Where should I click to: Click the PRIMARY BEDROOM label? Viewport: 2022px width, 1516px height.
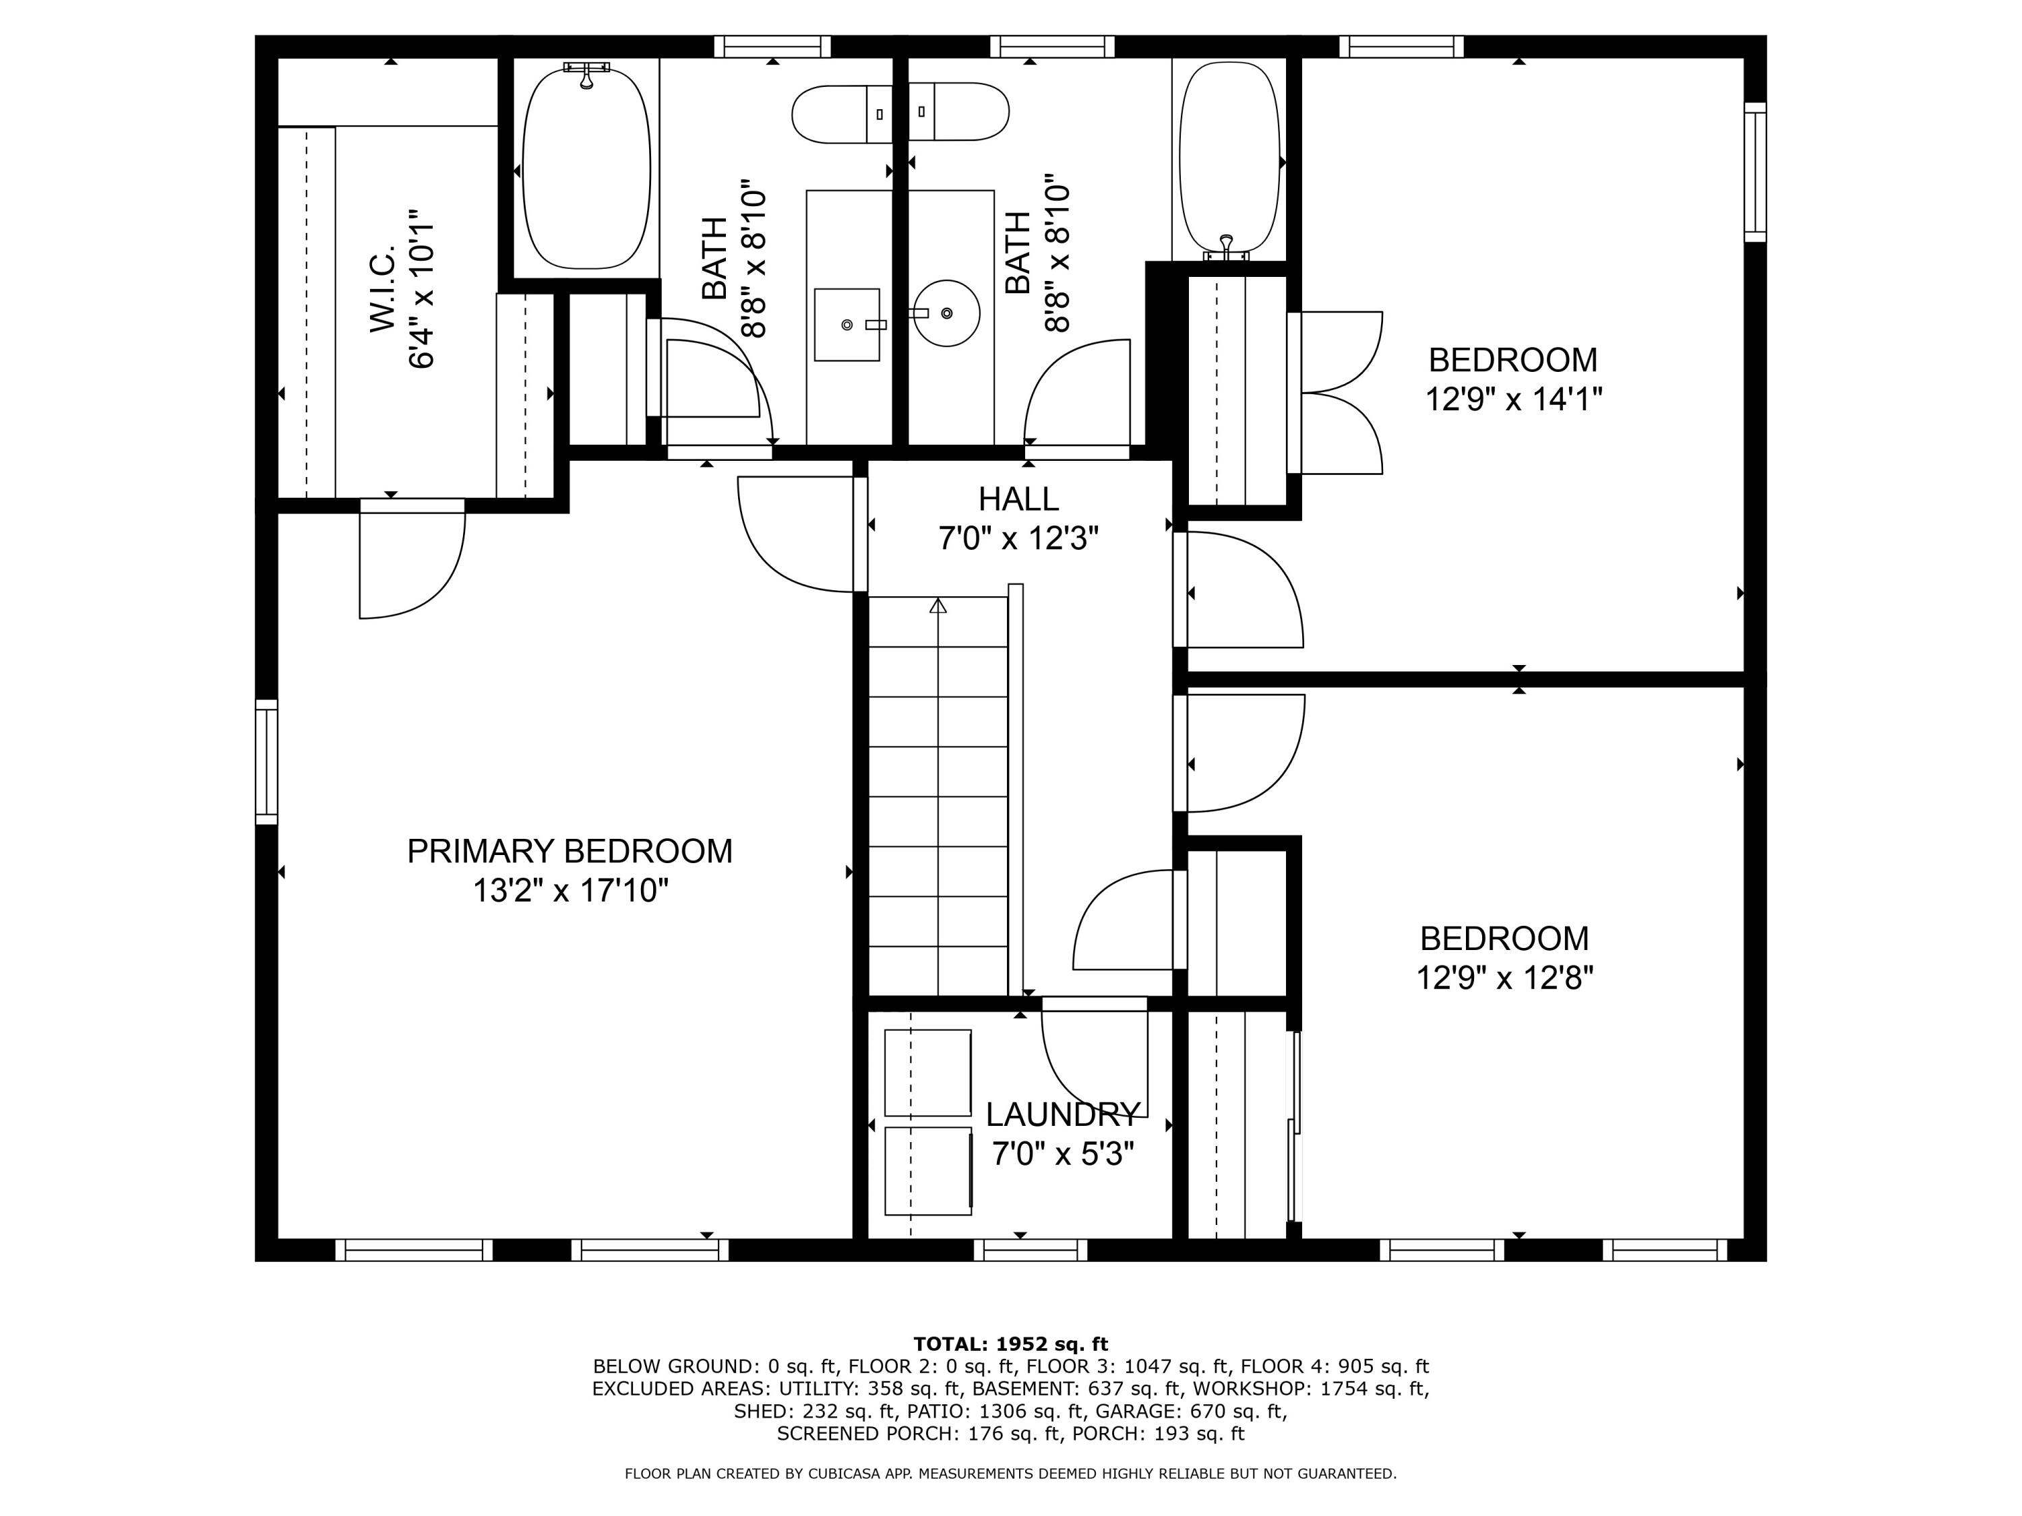click(x=570, y=851)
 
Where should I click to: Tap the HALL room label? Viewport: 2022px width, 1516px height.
click(x=1018, y=499)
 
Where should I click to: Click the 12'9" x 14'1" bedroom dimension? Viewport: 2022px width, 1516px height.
click(x=1514, y=400)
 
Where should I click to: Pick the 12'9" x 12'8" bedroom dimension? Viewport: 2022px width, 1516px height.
click(x=1504, y=978)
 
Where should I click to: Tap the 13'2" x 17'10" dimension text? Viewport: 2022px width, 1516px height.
click(x=570, y=890)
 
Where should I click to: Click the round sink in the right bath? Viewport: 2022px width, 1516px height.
click(x=947, y=313)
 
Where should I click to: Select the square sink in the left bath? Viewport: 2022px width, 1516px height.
click(x=847, y=324)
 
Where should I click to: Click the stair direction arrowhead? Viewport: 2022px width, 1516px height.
click(x=938, y=605)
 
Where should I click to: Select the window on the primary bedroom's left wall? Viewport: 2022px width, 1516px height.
click(x=266, y=761)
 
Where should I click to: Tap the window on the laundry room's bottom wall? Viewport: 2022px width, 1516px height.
click(x=1030, y=1250)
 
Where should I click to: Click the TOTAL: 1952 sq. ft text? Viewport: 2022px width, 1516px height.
click(x=1010, y=1344)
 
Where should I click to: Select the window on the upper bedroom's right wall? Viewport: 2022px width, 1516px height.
click(x=1755, y=172)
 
